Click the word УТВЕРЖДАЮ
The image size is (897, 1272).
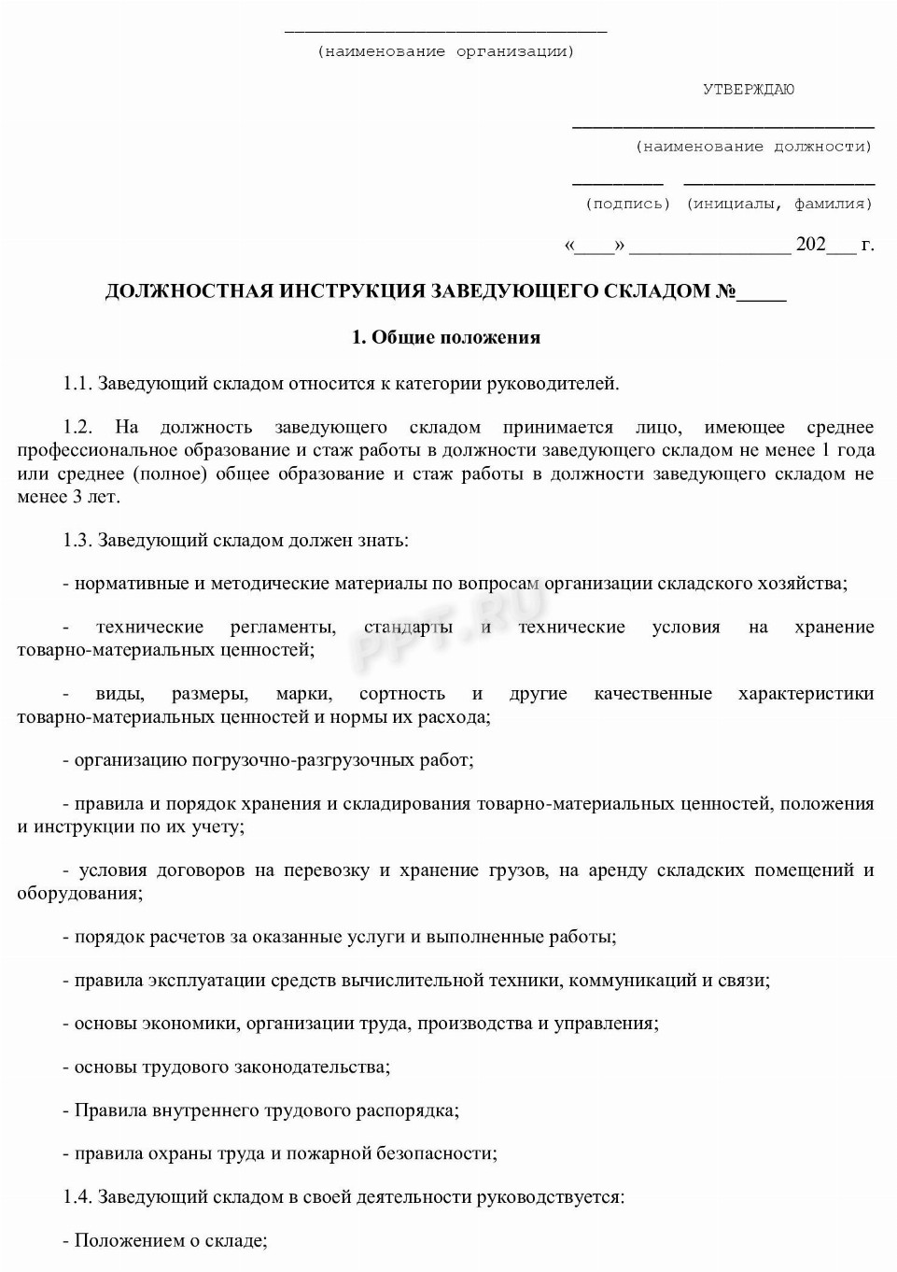pyautogui.click(x=749, y=90)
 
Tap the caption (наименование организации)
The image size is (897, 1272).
pyautogui.click(x=446, y=51)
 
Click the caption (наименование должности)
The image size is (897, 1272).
pyautogui.click(x=754, y=147)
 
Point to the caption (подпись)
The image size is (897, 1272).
pyautogui.click(x=628, y=204)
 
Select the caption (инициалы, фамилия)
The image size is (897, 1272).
pyautogui.click(x=779, y=204)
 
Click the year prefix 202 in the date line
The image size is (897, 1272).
pyautogui.click(x=810, y=245)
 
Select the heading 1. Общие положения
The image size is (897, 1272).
pyautogui.click(x=446, y=337)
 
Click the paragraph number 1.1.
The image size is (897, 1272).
pyautogui.click(x=77, y=383)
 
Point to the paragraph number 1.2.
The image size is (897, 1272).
pyautogui.click(x=77, y=428)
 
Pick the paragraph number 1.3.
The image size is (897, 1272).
pyautogui.click(x=77, y=540)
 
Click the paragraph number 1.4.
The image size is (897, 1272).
pyautogui.click(x=77, y=1196)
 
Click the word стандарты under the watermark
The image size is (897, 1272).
pyautogui.click(x=409, y=628)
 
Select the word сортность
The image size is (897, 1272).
pyautogui.click(x=402, y=694)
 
